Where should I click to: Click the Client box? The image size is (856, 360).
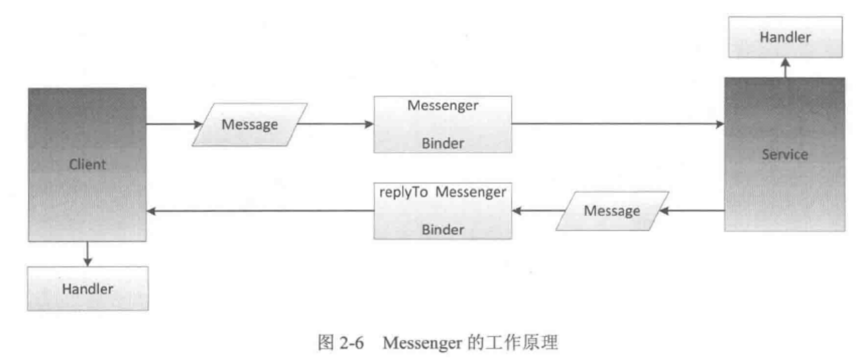tap(87, 164)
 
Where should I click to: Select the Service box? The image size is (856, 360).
tap(784, 154)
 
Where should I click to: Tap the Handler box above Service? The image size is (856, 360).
tap(785, 37)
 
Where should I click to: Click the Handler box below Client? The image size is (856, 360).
tap(88, 288)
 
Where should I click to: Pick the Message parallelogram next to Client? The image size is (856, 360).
tap(250, 124)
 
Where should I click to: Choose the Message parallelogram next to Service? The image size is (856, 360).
tap(612, 211)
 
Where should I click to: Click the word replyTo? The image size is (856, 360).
tap(400, 193)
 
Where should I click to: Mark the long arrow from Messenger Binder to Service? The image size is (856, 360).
tap(618, 124)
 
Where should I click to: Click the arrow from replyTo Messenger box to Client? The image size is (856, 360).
tap(259, 211)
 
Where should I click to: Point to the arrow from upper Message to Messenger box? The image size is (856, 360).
tap(336, 124)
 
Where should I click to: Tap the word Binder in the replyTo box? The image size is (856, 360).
tap(443, 229)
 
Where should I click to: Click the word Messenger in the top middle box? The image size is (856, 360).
tap(443, 106)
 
